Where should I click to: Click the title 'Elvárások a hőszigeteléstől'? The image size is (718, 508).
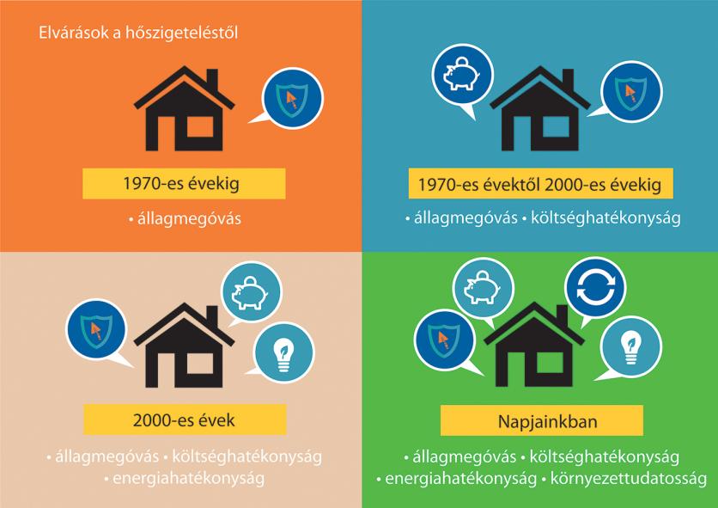tap(138, 34)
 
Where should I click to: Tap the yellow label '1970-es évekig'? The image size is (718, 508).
tap(184, 183)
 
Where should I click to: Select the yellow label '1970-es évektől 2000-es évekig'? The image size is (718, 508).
tap(540, 183)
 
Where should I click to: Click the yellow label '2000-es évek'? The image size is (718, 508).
tap(185, 419)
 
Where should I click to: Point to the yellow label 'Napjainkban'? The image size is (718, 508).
tap(542, 420)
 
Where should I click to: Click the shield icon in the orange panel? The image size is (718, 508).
tap(292, 99)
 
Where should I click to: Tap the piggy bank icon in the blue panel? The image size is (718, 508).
tap(462, 75)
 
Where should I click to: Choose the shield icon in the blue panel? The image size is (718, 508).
tap(632, 92)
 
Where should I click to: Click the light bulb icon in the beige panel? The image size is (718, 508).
tap(284, 353)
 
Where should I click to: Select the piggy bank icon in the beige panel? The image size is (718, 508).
tap(252, 292)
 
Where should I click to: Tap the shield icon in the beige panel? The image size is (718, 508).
tap(96, 329)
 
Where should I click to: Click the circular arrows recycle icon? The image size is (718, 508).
tap(595, 288)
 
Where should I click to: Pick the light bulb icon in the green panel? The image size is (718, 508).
tap(631, 346)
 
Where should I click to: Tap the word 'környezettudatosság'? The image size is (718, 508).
tap(629, 478)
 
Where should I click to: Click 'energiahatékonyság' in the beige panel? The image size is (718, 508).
tap(189, 478)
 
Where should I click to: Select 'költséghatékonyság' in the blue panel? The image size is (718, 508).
tap(605, 217)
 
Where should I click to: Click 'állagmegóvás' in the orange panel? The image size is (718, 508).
tap(189, 218)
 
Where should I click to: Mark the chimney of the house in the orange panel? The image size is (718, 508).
tap(212, 81)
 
